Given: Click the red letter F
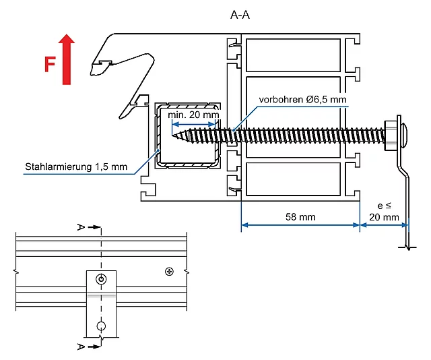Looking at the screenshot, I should click(x=50, y=65).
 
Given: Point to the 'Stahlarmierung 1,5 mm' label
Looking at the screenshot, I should click(x=77, y=167).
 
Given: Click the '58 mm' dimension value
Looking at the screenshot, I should click(x=300, y=216).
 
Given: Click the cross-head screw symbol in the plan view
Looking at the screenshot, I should click(x=168, y=272).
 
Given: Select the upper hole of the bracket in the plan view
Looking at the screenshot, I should click(x=101, y=279).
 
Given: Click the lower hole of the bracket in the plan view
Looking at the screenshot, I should click(x=101, y=327).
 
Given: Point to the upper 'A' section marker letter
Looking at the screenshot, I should click(x=81, y=228).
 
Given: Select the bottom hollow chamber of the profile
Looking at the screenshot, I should click(x=293, y=178).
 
